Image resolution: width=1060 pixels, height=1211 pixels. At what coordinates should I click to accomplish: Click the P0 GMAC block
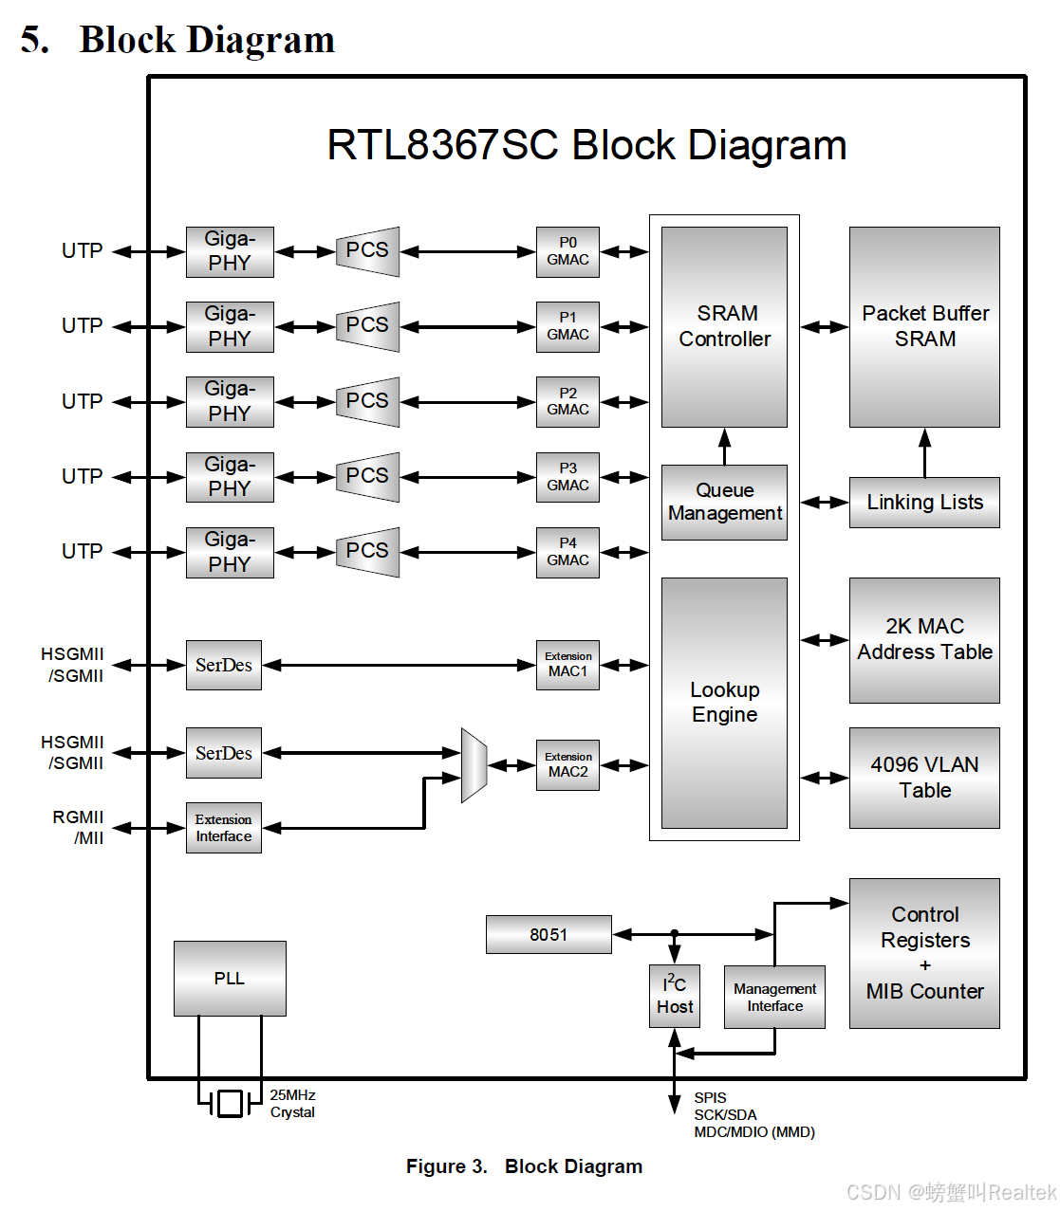pos(567,251)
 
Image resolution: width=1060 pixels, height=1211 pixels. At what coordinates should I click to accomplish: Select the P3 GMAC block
pos(567,477)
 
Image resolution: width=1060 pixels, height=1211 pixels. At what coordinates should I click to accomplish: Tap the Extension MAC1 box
pos(567,665)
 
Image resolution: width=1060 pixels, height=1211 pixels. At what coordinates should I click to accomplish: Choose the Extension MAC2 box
pos(567,765)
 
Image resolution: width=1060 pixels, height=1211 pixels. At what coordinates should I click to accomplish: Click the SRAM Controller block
pos(724,326)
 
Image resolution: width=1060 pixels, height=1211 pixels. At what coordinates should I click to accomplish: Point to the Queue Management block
pos(724,502)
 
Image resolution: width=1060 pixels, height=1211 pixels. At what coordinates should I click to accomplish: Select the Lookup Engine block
pos(724,703)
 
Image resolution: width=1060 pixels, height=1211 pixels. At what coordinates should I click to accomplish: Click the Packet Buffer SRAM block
pos(924,326)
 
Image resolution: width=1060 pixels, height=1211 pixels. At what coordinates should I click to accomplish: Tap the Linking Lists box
pos(924,503)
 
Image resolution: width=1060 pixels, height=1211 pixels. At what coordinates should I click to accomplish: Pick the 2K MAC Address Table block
pos(924,640)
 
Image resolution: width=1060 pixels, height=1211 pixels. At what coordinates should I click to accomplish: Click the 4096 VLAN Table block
pos(924,778)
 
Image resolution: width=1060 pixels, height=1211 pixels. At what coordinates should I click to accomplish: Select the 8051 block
pos(549,934)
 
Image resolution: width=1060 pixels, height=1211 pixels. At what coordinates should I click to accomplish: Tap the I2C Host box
pos(675,996)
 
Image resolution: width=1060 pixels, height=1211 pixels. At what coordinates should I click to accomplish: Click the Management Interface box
pos(774,997)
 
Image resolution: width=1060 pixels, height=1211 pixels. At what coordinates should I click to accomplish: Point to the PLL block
pos(230,978)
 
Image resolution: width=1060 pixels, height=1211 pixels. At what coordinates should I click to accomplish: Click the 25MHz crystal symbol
pos(230,1103)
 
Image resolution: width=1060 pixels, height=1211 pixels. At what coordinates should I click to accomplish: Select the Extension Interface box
pos(224,828)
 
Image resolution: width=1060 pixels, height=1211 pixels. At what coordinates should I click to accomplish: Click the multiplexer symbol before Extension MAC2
pos(474,765)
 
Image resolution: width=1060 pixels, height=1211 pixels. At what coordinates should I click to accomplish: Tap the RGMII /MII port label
pos(79,827)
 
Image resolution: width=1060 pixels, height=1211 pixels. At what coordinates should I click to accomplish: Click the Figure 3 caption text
pos(524,1166)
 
